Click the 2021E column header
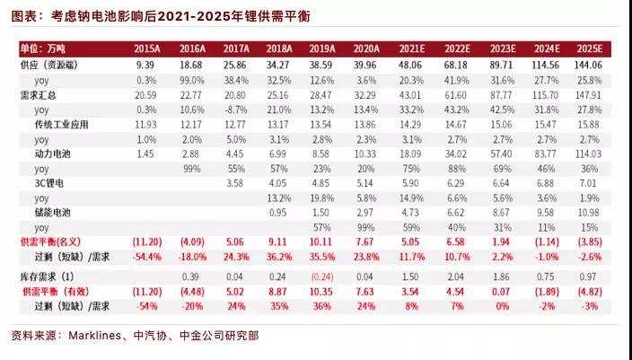click(x=412, y=48)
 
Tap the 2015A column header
click(x=146, y=48)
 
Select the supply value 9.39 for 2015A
click(x=146, y=66)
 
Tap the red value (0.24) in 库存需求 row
click(x=322, y=277)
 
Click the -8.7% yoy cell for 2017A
click(x=236, y=109)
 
